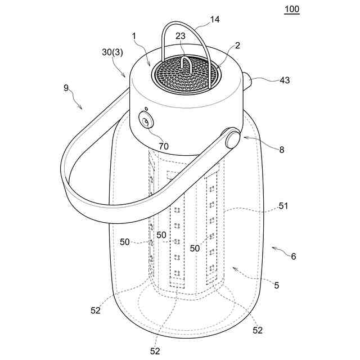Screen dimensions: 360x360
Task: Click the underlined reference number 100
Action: pyautogui.click(x=292, y=9)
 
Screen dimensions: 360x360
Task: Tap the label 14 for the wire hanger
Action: pyautogui.click(x=215, y=19)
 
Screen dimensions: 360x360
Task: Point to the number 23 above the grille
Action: pyautogui.click(x=180, y=35)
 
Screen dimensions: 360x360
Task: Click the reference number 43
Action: pyautogui.click(x=285, y=80)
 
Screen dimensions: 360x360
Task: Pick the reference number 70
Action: pyautogui.click(x=164, y=146)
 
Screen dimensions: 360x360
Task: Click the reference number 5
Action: pyautogui.click(x=276, y=285)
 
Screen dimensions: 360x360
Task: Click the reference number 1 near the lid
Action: pyautogui.click(x=134, y=36)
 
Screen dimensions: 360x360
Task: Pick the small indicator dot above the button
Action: pyautogui.click(x=146, y=109)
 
